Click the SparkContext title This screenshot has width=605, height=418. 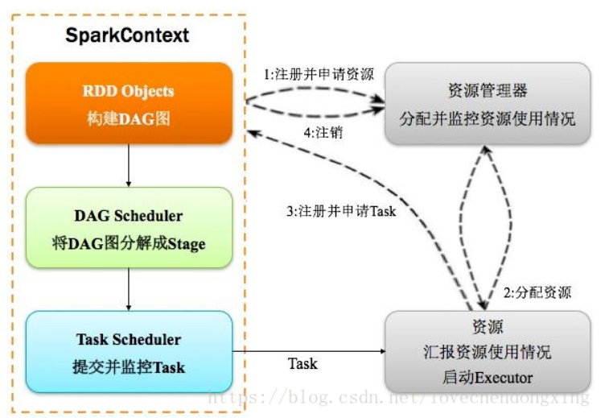[x=126, y=36]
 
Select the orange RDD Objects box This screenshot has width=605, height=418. [x=130, y=103]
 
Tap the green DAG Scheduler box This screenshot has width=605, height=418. [x=130, y=228]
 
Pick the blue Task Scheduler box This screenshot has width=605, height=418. [x=130, y=352]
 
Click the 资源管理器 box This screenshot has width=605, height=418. [x=487, y=103]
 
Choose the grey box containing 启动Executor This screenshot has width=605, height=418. [x=487, y=351]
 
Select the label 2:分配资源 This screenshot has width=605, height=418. [x=537, y=292]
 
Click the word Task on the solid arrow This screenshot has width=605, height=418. [x=302, y=364]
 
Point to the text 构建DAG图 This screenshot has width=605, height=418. [x=130, y=118]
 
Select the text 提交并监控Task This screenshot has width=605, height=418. [x=130, y=367]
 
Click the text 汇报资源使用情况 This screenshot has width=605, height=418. [x=487, y=352]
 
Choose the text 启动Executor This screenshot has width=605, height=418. [x=487, y=376]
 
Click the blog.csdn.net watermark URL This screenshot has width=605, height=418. [x=398, y=398]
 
